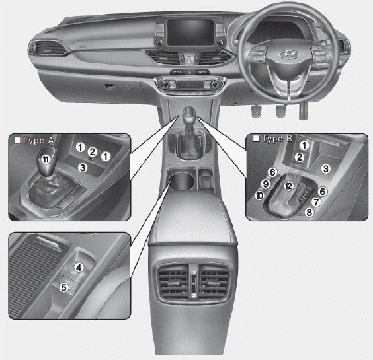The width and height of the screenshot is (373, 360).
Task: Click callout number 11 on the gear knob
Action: click(44, 159)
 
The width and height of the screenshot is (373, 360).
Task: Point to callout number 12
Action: click(288, 186)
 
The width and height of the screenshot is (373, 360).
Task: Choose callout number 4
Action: click(78, 267)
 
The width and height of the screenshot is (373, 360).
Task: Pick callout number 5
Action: click(64, 287)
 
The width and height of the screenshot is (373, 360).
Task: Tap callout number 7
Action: click(316, 201)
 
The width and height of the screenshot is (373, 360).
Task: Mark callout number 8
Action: click(309, 212)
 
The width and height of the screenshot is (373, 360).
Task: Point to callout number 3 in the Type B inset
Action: click(325, 169)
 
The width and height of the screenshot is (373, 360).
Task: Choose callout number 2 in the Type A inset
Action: click(93, 151)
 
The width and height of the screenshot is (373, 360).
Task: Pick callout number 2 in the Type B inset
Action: click(300, 157)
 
